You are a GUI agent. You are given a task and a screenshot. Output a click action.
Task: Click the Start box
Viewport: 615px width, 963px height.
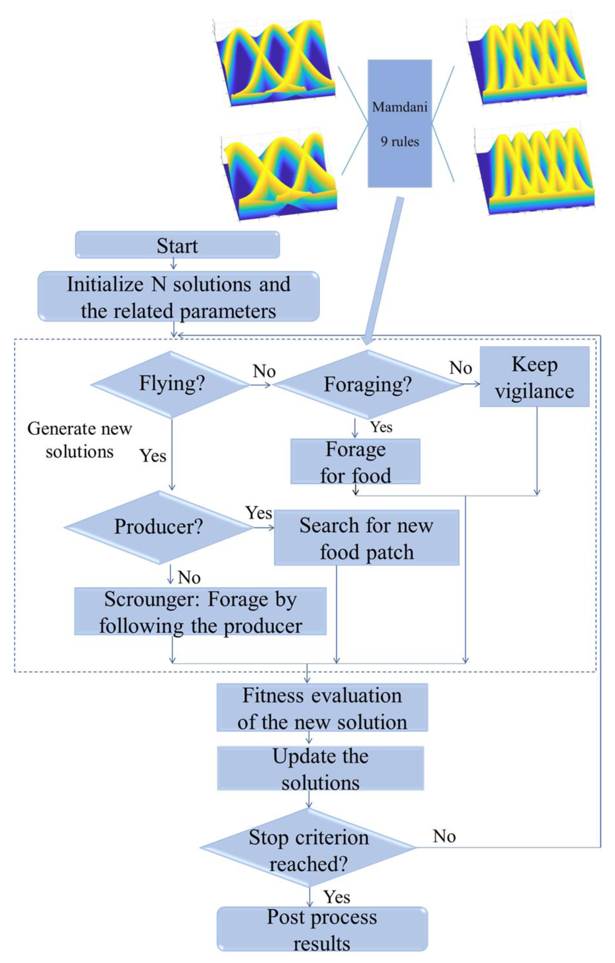(x=177, y=245)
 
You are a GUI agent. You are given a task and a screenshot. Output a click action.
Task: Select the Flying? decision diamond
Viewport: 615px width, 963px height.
(x=171, y=384)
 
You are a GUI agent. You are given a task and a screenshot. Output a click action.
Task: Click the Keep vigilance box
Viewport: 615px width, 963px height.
(x=534, y=377)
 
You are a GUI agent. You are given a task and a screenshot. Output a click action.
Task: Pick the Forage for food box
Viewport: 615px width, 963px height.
(x=355, y=462)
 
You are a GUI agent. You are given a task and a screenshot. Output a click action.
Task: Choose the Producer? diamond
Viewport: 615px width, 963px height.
(x=158, y=527)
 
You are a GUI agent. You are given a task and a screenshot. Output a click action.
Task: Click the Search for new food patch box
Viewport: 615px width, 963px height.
(x=366, y=537)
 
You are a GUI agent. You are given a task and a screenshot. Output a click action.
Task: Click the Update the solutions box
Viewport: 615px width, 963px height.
(x=320, y=769)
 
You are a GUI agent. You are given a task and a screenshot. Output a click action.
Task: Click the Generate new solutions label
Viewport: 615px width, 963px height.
(x=80, y=440)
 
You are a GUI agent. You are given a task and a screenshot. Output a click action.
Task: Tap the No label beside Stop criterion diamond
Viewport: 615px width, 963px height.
(x=444, y=836)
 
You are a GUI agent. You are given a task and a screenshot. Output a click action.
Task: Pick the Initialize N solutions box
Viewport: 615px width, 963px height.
(x=179, y=296)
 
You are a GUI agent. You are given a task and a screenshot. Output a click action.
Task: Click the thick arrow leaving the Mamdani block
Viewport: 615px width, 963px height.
(x=384, y=268)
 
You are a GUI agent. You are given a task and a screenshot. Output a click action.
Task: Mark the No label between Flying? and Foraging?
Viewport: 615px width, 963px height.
(x=264, y=372)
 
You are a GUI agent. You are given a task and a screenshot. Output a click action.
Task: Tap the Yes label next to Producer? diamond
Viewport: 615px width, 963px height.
(x=259, y=513)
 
